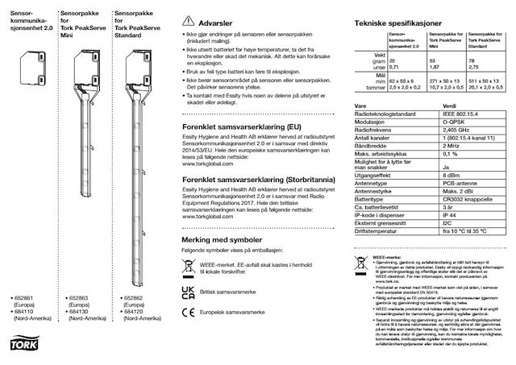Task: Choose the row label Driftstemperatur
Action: tap(377, 231)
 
